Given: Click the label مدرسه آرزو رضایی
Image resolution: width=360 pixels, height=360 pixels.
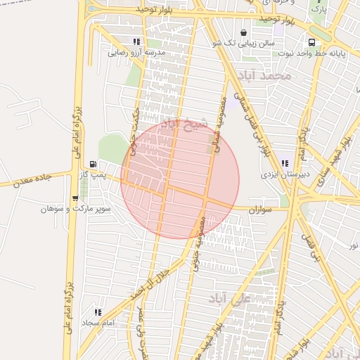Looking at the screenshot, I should tap(136, 53).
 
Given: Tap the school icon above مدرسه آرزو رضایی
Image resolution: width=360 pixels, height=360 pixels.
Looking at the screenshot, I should tap(136, 41).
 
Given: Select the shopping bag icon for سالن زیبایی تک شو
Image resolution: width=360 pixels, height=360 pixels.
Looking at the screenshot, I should tap(243, 32).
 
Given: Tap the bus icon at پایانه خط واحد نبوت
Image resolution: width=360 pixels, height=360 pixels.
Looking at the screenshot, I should tap(311, 41).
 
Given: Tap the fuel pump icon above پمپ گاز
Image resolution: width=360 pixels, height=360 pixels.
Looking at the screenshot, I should tap(94, 165).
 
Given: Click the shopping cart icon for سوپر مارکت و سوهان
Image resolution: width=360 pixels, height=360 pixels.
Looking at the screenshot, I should tap(75, 198).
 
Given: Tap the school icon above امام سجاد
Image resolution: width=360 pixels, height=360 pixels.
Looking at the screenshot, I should tap(98, 311).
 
